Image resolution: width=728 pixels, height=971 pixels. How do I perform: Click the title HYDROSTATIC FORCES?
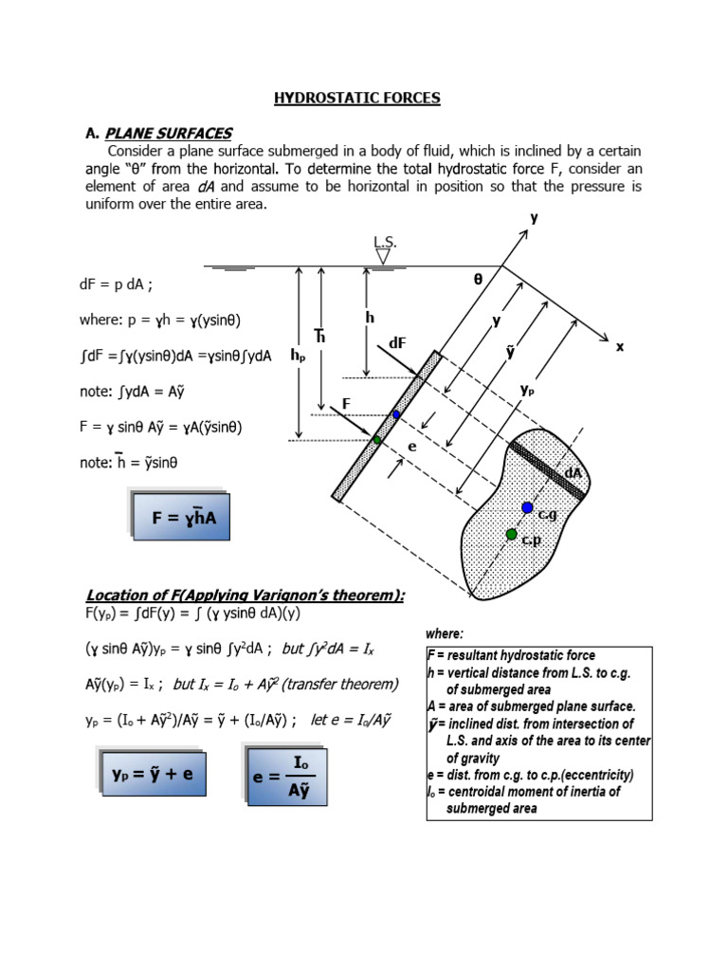(357, 98)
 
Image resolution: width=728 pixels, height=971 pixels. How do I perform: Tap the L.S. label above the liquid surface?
(385, 243)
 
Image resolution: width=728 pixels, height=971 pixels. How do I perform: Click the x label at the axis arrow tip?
(620, 348)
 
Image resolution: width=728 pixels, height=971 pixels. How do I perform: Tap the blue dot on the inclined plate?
(397, 415)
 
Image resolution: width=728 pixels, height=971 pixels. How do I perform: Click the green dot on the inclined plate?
(376, 440)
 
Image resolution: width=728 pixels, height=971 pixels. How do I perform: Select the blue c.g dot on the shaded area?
(527, 508)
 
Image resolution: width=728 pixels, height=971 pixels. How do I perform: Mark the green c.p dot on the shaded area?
(511, 535)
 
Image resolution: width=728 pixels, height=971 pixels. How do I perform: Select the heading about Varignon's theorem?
(246, 595)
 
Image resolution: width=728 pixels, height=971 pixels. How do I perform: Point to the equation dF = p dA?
(122, 284)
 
